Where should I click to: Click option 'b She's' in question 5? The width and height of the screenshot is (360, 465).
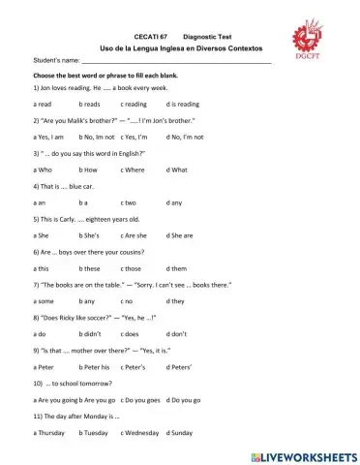coord(91,234)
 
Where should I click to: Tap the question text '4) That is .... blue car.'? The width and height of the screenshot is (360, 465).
coord(69,186)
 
